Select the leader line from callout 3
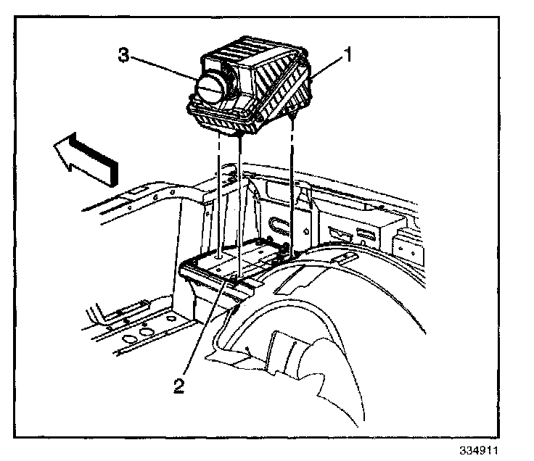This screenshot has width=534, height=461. [164, 69]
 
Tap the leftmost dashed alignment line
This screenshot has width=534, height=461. [218, 196]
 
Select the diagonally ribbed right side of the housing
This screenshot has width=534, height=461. [287, 91]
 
